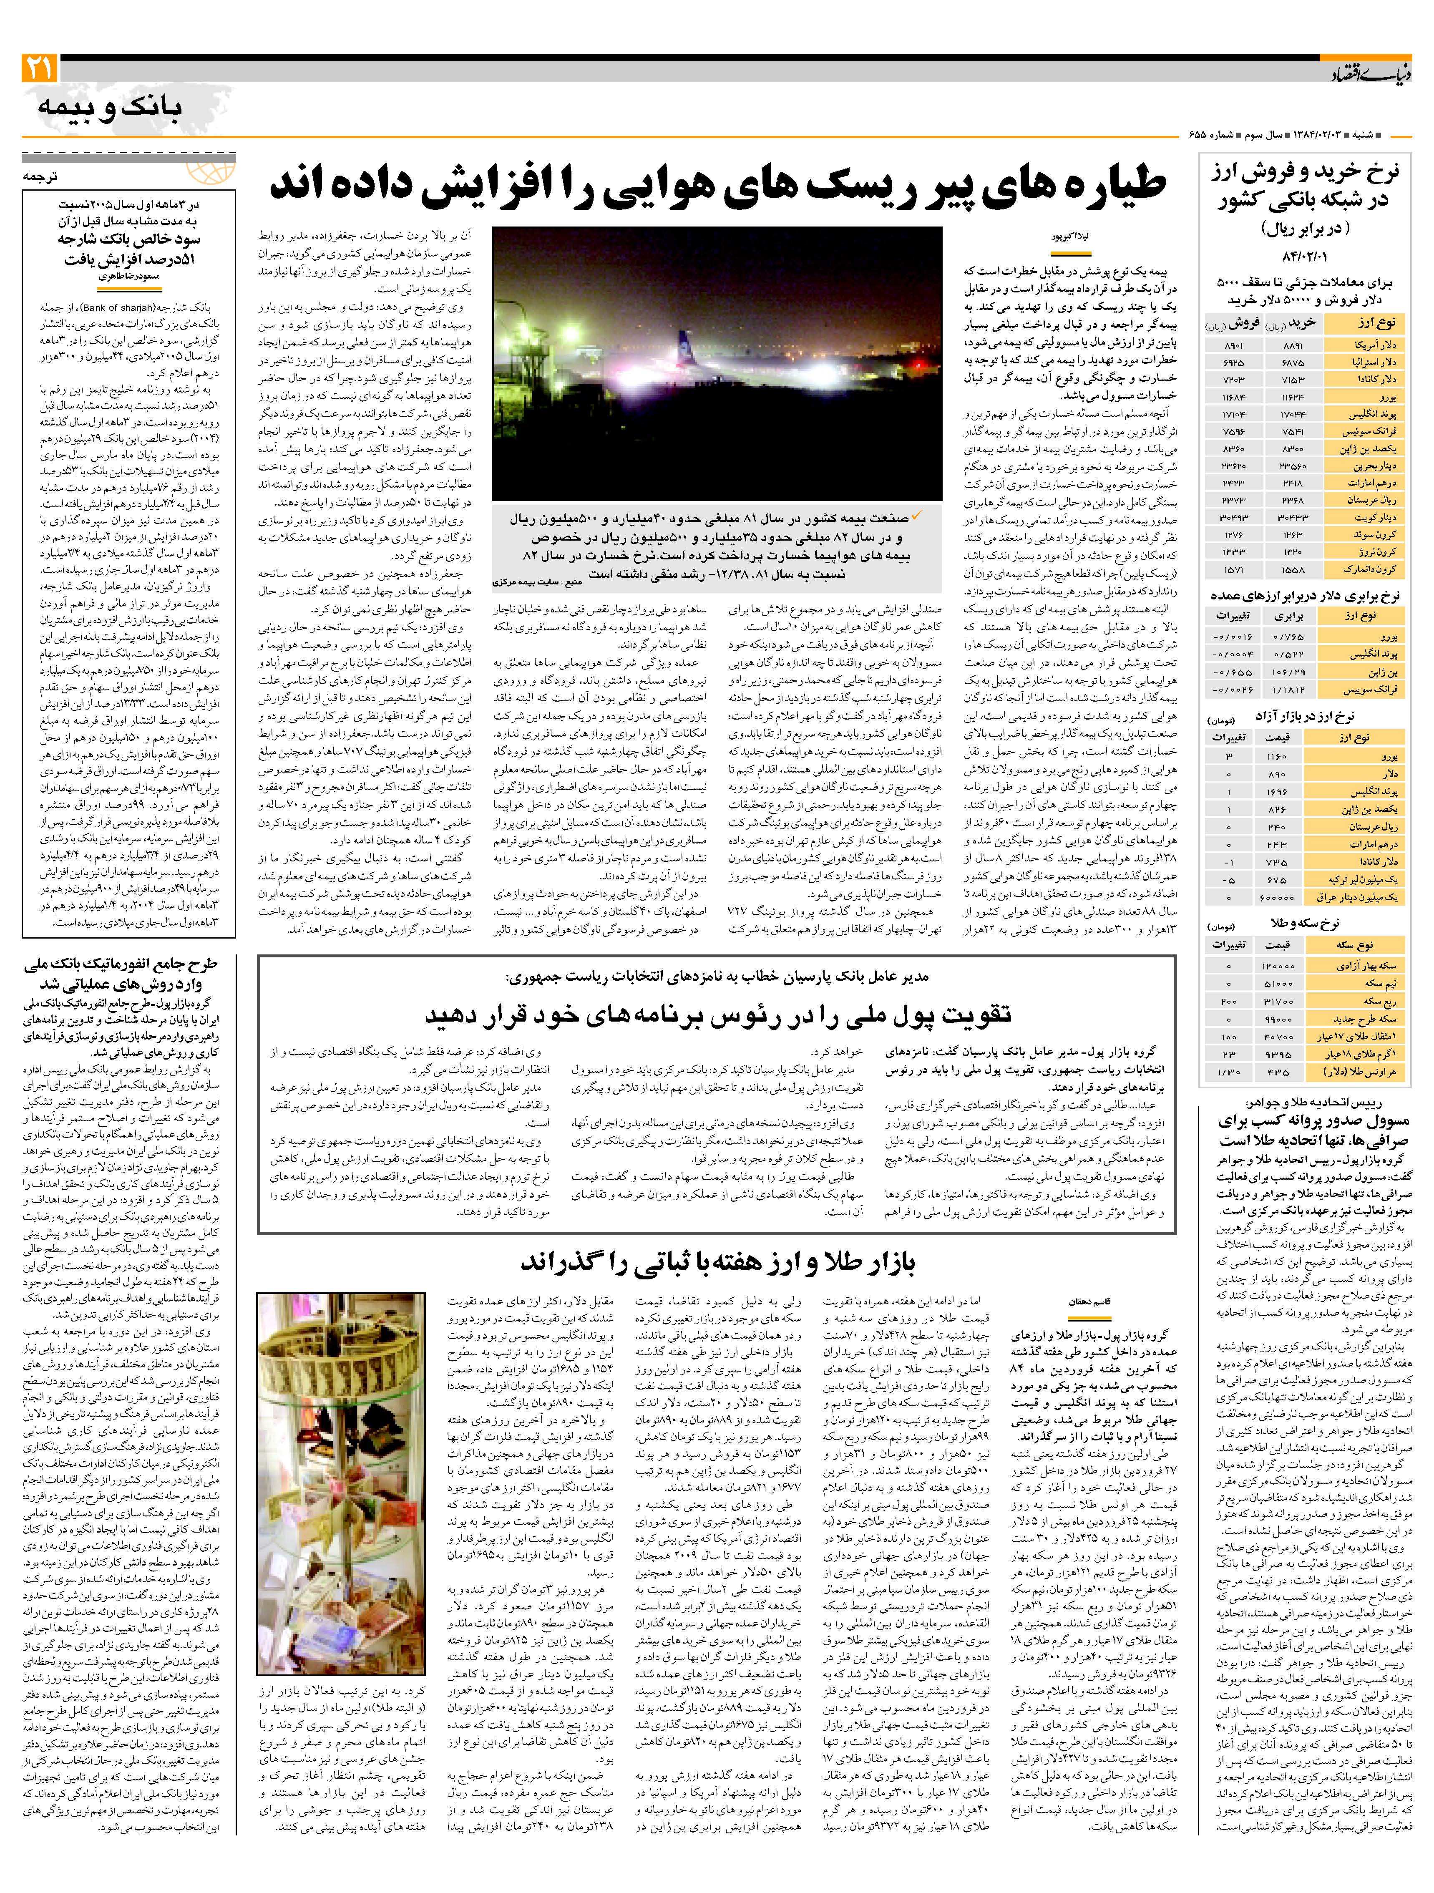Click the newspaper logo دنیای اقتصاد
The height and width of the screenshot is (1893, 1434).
point(1366,76)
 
